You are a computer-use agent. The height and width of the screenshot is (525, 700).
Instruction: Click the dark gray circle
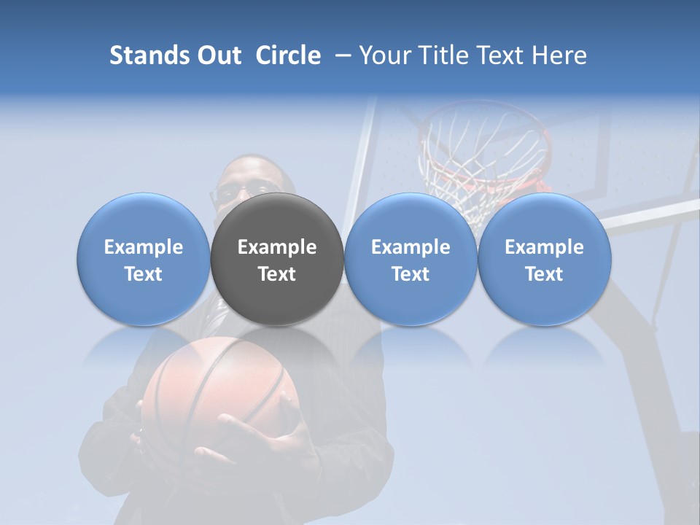(277, 219)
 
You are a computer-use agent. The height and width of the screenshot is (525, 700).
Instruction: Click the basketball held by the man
(211, 386)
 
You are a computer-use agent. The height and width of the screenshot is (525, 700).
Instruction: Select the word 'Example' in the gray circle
(277, 247)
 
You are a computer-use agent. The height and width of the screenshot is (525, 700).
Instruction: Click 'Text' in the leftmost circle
(143, 274)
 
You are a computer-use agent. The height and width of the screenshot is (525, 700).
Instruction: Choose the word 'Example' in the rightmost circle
(544, 247)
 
